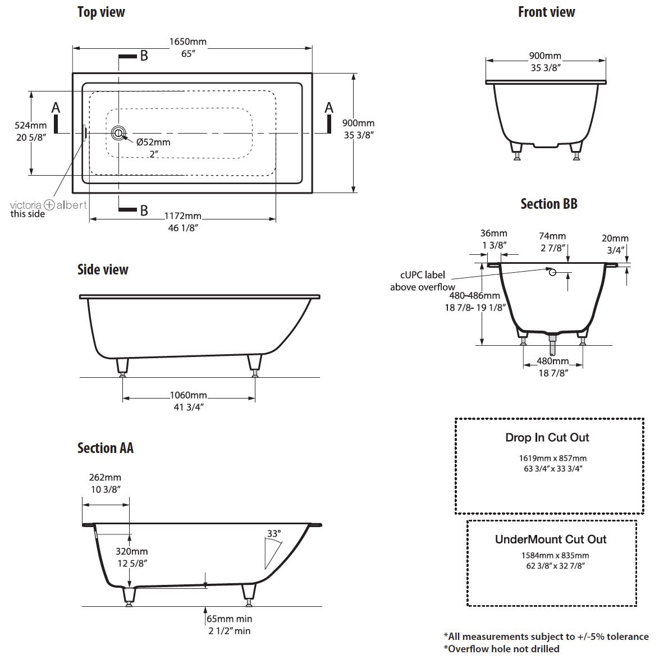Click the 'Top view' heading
(101, 12)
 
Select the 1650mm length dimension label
(188, 42)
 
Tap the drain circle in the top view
(118, 134)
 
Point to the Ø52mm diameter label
(153, 142)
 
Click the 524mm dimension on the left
(31, 125)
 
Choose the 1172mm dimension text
(183, 216)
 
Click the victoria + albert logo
(48, 205)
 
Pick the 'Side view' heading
(103, 269)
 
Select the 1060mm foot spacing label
(188, 395)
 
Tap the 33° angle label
(274, 533)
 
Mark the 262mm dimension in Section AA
(105, 478)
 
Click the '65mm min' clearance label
(230, 619)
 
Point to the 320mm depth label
(131, 551)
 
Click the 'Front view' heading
(546, 12)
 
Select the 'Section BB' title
(549, 204)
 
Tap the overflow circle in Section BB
(553, 272)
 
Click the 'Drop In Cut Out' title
(547, 437)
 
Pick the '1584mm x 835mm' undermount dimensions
(555, 555)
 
